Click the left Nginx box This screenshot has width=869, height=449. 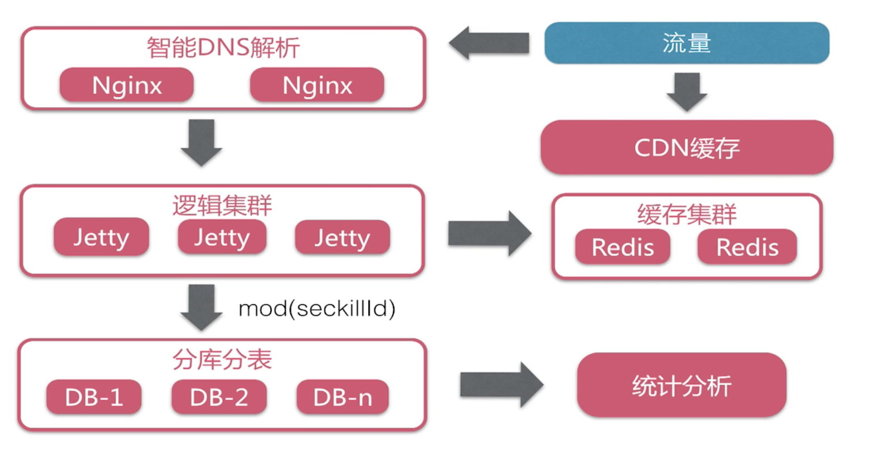pyautogui.click(x=126, y=85)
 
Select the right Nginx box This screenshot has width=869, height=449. pyautogui.click(x=317, y=85)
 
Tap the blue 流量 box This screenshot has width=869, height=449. pyautogui.click(x=686, y=43)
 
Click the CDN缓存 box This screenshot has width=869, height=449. pyautogui.click(x=686, y=148)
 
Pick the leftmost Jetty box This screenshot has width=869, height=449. pyautogui.click(x=101, y=237)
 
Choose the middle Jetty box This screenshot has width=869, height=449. pyautogui.click(x=222, y=237)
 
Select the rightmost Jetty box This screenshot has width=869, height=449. pyautogui.click(x=342, y=238)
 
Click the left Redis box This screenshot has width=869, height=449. pyautogui.click(x=622, y=247)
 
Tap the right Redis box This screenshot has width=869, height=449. pyautogui.click(x=747, y=247)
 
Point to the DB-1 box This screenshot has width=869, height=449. pyautogui.click(x=94, y=397)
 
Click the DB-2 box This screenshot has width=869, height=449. pyautogui.click(x=219, y=397)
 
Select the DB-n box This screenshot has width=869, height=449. pyautogui.click(x=342, y=397)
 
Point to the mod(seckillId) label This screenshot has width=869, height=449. pyautogui.click(x=316, y=308)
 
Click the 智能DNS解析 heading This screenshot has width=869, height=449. pyautogui.click(x=223, y=47)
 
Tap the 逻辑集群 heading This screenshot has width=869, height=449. pyautogui.click(x=222, y=206)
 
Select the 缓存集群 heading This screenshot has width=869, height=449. pyautogui.click(x=686, y=214)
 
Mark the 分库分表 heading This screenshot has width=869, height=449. pyautogui.click(x=222, y=360)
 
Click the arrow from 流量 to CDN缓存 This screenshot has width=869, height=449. pyautogui.click(x=686, y=91)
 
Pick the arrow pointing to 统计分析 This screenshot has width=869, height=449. pyautogui.click(x=500, y=384)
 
